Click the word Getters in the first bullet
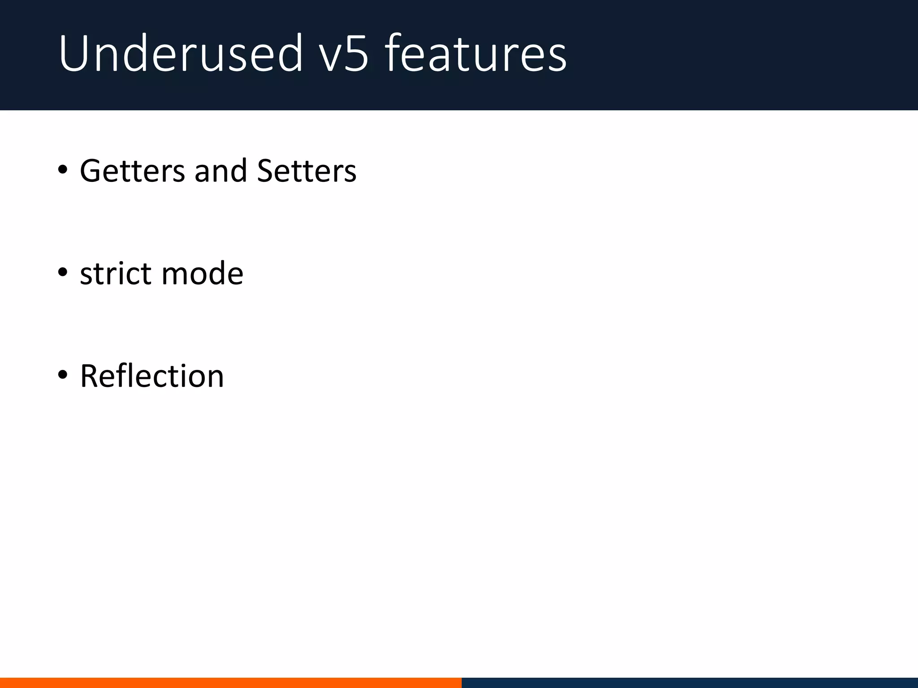click(132, 171)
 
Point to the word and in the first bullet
click(221, 171)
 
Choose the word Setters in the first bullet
click(307, 171)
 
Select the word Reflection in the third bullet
click(152, 376)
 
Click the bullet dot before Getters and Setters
click(63, 170)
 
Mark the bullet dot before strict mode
click(63, 272)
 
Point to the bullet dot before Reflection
click(63, 374)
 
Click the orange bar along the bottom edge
click(230, 683)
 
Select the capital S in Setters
click(265, 171)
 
